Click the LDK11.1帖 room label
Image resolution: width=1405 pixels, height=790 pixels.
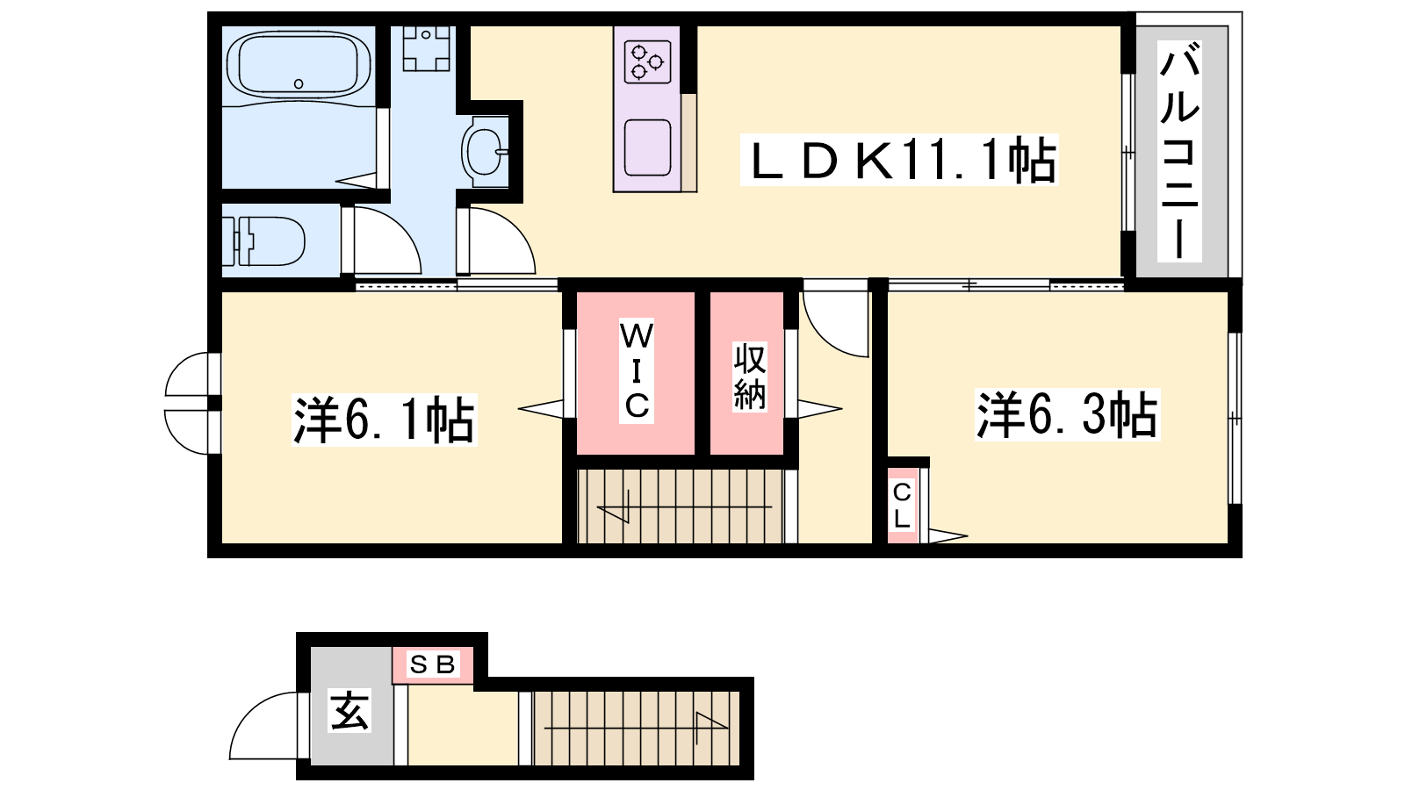click(x=899, y=160)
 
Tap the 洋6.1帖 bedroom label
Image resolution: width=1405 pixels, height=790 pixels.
click(x=384, y=420)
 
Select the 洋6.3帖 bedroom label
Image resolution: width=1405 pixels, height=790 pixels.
click(x=1067, y=414)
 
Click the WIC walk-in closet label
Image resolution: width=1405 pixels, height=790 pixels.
click(x=637, y=370)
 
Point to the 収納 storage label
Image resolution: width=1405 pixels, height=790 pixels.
click(x=750, y=377)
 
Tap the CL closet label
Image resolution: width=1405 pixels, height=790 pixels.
click(x=902, y=506)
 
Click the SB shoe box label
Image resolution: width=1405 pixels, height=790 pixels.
click(x=432, y=664)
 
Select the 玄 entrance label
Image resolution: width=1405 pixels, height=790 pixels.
click(x=349, y=710)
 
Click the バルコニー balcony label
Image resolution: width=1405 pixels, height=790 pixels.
click(x=1179, y=151)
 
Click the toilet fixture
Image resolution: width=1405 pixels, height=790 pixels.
click(x=263, y=241)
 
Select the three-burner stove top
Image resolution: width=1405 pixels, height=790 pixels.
click(x=647, y=61)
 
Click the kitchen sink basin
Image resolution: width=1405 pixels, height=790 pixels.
click(x=647, y=148)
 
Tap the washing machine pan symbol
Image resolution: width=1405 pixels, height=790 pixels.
click(x=427, y=48)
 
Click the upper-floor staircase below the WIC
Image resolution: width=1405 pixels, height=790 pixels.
click(x=681, y=506)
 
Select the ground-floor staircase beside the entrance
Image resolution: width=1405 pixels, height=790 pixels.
click(x=636, y=728)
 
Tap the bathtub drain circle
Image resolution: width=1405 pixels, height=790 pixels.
click(x=299, y=84)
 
